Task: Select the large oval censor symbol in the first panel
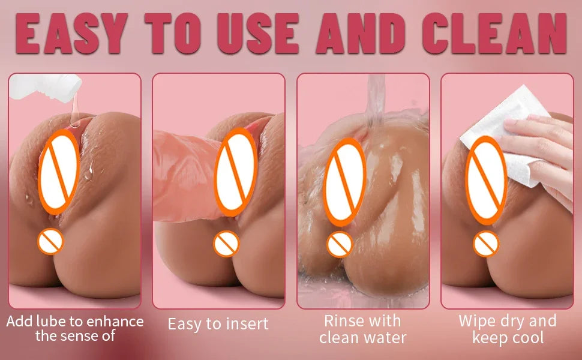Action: pos(59,165)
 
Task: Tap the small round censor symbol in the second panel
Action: pos(227,243)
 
